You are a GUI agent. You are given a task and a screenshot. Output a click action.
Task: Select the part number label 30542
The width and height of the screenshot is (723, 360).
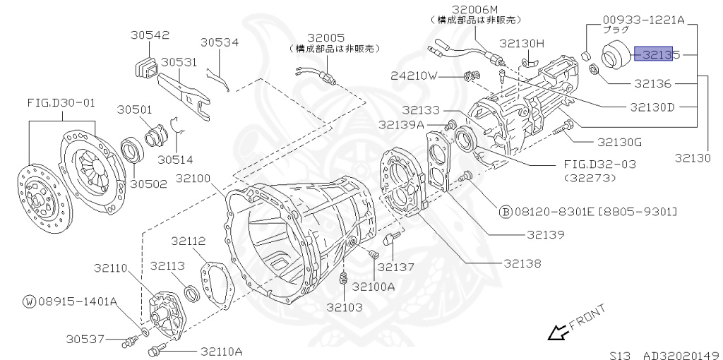pos(150,35)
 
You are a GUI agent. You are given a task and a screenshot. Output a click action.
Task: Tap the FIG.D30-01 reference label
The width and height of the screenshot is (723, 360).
pos(61,103)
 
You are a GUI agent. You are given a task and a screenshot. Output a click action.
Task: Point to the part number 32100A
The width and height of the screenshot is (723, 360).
pos(373,287)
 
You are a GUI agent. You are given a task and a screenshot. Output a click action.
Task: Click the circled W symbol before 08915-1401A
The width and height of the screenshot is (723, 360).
pos(29,301)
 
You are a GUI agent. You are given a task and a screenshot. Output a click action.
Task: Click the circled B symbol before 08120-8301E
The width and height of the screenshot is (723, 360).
pos(506,211)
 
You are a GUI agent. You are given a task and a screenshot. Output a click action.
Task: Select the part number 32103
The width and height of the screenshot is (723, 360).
pos(345,307)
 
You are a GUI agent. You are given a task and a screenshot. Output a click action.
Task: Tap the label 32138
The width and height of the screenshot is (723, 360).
pos(522,263)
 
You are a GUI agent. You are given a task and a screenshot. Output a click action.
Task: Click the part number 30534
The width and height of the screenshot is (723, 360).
pos(220,42)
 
